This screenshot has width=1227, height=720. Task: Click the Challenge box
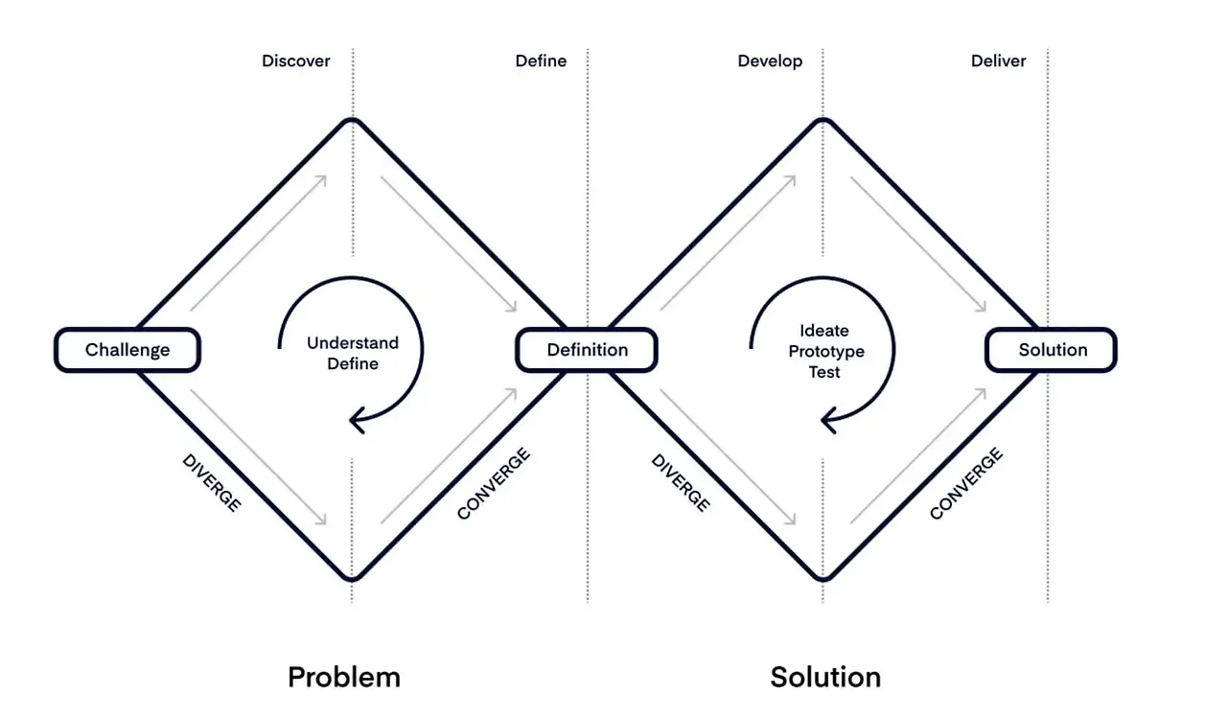click(127, 350)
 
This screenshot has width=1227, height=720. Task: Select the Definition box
click(587, 350)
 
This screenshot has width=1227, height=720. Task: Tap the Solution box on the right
click(1052, 350)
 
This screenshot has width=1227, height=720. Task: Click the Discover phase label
click(295, 61)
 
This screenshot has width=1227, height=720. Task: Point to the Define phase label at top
click(541, 61)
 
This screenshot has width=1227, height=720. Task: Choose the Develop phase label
click(770, 61)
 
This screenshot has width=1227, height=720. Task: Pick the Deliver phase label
click(998, 61)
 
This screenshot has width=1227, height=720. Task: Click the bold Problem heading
click(343, 677)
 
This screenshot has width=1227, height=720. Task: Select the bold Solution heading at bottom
click(825, 677)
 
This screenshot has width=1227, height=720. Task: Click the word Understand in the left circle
click(352, 342)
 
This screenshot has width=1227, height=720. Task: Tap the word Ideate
click(824, 331)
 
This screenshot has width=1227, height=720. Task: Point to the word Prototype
click(825, 351)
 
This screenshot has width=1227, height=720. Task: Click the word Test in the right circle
click(824, 371)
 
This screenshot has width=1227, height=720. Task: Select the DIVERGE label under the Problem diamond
click(211, 481)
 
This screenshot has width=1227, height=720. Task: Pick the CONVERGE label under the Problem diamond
click(494, 483)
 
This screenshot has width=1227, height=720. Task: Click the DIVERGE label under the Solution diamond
click(681, 481)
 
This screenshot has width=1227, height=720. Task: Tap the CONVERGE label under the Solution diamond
click(966, 483)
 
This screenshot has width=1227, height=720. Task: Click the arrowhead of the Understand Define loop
click(358, 417)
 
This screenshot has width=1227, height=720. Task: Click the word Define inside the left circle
click(352, 363)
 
